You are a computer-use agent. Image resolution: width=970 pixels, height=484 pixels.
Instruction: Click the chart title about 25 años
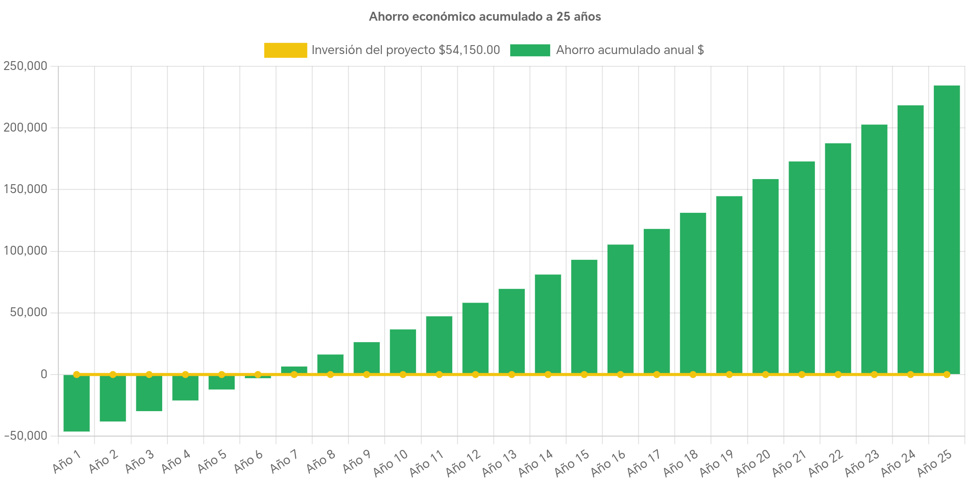(485, 17)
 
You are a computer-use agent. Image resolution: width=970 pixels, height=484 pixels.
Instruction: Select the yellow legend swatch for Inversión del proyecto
(285, 50)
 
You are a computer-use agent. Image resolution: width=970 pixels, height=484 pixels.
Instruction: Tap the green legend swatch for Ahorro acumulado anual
(530, 50)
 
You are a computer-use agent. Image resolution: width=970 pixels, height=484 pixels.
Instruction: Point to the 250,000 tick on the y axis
(25, 66)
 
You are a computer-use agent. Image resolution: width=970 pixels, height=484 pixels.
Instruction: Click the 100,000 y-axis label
(25, 251)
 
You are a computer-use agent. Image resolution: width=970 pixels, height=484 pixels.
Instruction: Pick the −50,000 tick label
(25, 436)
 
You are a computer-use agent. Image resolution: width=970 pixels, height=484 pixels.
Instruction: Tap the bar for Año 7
(294, 370)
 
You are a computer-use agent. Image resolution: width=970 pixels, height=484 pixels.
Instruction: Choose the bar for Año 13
(512, 331)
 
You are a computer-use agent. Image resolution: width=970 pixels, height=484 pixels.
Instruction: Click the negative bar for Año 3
(149, 393)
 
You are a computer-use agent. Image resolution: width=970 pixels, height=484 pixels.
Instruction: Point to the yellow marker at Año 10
(403, 375)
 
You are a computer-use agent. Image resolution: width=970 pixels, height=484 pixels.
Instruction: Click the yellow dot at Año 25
(946, 375)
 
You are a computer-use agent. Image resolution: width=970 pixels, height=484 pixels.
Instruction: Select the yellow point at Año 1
(77, 375)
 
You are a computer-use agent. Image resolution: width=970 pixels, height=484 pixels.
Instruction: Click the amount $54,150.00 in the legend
(469, 50)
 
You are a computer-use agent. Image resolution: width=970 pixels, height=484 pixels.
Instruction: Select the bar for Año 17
(656, 301)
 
